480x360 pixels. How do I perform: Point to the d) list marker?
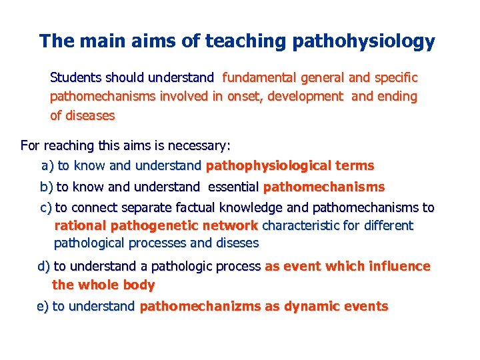tap(44, 267)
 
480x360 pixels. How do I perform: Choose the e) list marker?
tap(43, 307)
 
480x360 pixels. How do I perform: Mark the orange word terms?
tap(355, 165)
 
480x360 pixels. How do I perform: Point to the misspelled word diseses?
tap(235, 243)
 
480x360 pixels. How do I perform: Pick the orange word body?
tap(139, 285)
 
